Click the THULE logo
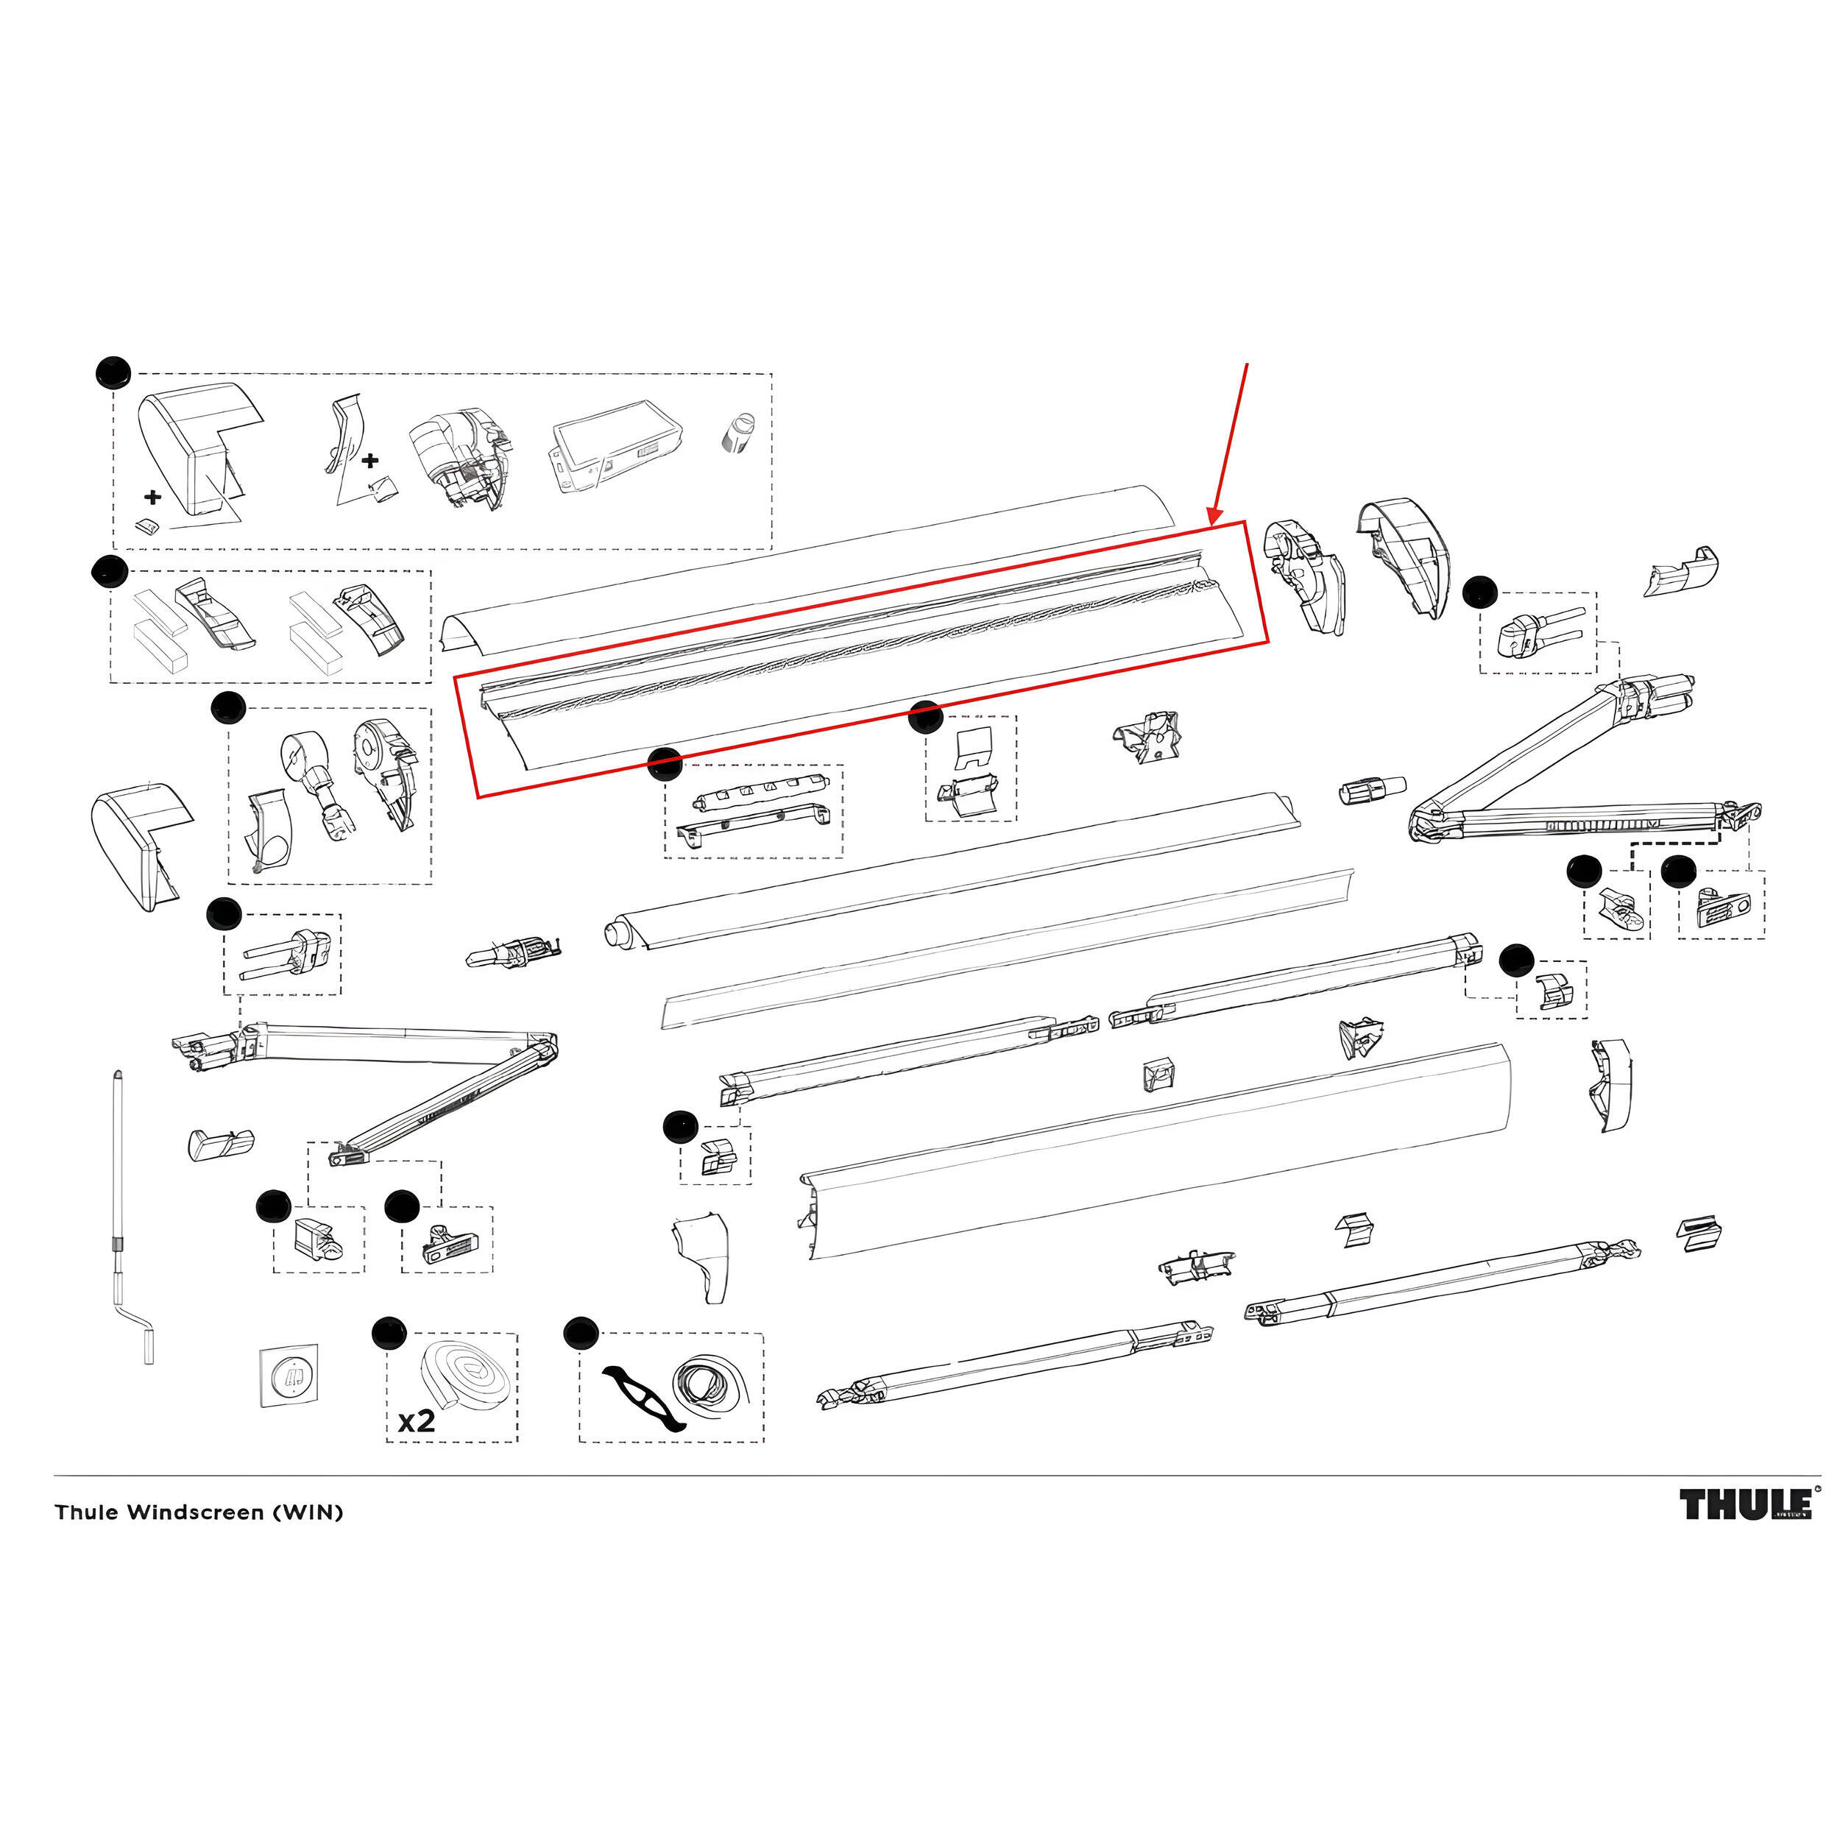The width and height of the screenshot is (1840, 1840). [x=1745, y=1505]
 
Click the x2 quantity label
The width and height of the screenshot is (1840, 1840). [x=416, y=1421]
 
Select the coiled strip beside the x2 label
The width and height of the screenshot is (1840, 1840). [x=466, y=1376]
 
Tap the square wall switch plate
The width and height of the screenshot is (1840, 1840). [x=289, y=1374]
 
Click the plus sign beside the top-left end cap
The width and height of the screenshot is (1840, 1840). [x=152, y=496]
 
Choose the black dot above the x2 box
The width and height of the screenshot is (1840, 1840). [x=388, y=1334]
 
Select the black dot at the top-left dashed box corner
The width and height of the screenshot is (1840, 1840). [x=113, y=372]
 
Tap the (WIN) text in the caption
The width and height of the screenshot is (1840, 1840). [x=308, y=1512]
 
